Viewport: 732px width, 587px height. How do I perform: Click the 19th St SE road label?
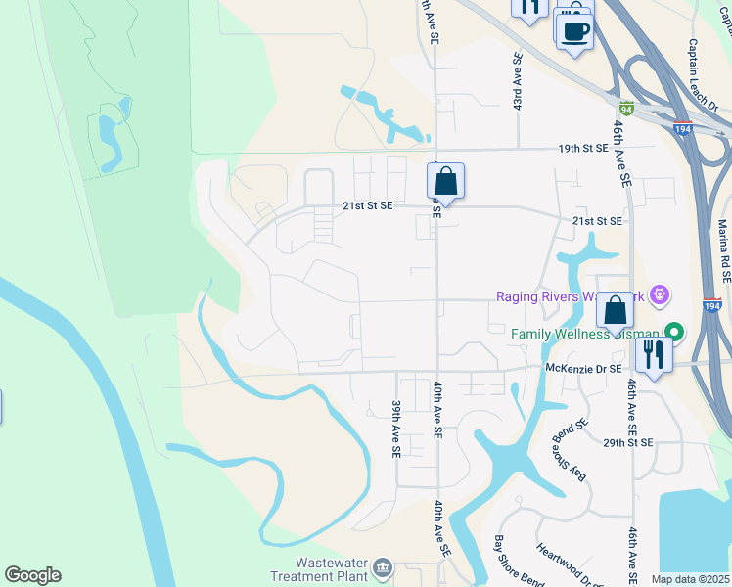582,148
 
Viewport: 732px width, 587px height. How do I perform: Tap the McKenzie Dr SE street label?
582,368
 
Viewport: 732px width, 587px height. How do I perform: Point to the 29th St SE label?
627,443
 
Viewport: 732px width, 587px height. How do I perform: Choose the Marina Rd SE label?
723,246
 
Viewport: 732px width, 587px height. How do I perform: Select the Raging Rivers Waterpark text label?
572,296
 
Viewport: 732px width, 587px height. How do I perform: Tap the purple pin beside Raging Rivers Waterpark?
661,293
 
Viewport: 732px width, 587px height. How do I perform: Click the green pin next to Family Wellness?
672,333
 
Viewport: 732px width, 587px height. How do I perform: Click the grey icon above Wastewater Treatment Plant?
383,566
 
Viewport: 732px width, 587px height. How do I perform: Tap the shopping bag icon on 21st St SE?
445,181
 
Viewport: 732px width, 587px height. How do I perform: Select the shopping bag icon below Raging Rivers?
616,310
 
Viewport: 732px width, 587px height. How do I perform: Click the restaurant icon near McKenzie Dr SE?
653,353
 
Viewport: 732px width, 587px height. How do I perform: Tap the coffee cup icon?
575,29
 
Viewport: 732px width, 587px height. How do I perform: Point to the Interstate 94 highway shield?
626,109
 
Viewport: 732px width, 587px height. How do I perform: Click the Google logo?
32,575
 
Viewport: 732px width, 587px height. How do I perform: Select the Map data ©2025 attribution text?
690,579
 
